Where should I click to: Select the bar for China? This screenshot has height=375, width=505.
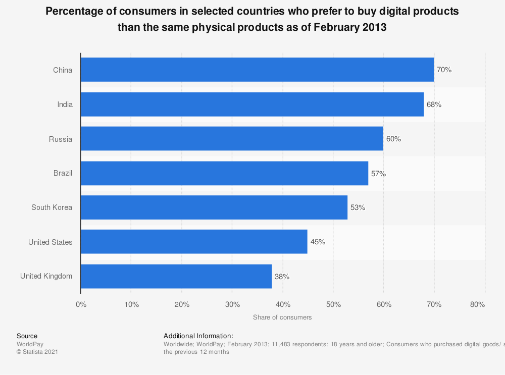[257, 70]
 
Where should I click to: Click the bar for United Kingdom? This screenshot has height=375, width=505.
[176, 276]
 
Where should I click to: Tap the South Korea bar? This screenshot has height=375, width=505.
[214, 207]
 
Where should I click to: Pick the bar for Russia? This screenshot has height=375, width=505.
[232, 139]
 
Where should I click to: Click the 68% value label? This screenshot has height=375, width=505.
[434, 104]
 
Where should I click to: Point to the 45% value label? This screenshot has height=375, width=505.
[318, 242]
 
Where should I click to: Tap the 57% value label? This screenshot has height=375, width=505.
[378, 173]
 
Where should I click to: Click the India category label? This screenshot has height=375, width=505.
[65, 104]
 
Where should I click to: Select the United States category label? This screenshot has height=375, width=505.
[50, 242]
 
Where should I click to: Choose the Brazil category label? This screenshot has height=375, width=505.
[63, 173]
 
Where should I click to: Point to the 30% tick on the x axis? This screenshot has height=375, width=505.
[232, 304]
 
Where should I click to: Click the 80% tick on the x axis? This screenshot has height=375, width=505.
[477, 304]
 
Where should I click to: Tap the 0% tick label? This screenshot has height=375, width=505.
[81, 304]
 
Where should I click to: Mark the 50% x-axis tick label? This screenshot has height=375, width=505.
[333, 304]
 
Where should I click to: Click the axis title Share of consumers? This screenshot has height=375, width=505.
[282, 317]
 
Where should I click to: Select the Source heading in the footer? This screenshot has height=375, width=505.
[27, 336]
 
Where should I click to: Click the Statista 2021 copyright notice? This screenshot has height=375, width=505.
[37, 352]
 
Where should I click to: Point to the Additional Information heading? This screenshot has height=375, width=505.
[198, 336]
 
